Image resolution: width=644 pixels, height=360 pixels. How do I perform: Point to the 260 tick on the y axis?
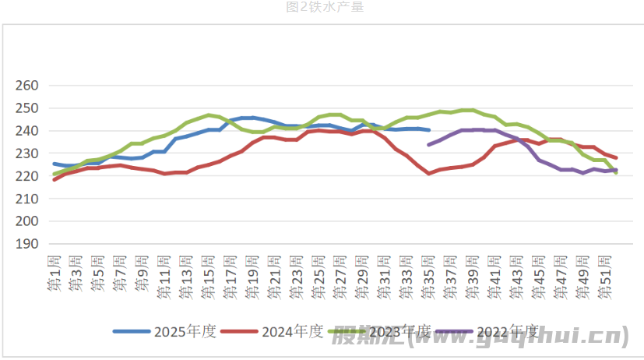[x=27, y=86]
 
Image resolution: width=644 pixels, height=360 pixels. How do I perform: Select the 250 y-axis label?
[x=27, y=108]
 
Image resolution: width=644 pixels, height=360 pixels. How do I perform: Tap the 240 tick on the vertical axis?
[x=27, y=131]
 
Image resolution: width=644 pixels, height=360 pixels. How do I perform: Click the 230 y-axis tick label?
[x=27, y=154]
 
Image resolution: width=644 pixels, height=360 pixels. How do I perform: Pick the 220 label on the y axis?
[x=27, y=176]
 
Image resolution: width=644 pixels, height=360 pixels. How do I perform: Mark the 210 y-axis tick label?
[x=27, y=199]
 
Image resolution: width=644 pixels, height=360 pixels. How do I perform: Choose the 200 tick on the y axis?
[x=27, y=221]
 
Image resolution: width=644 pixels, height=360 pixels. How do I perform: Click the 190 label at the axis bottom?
[x=27, y=244]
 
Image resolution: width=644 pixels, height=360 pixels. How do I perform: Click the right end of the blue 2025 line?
[x=429, y=130]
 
